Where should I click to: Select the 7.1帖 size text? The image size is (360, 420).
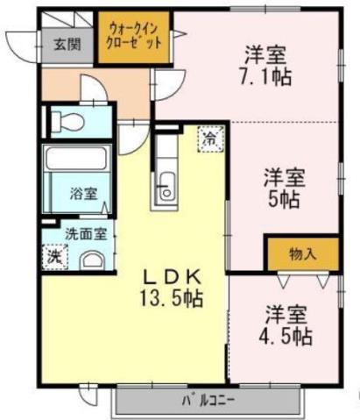tap(269, 75)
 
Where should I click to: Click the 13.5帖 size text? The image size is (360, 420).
tap(173, 298)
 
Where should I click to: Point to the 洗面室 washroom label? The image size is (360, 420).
tap(85, 234)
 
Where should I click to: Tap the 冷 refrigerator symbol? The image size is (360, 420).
tap(210, 138)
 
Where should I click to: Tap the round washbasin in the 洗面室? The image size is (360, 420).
tap(92, 259)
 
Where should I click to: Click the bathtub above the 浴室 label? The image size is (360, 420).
tap(75, 161)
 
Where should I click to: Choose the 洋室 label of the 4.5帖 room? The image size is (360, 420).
tap(286, 313)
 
